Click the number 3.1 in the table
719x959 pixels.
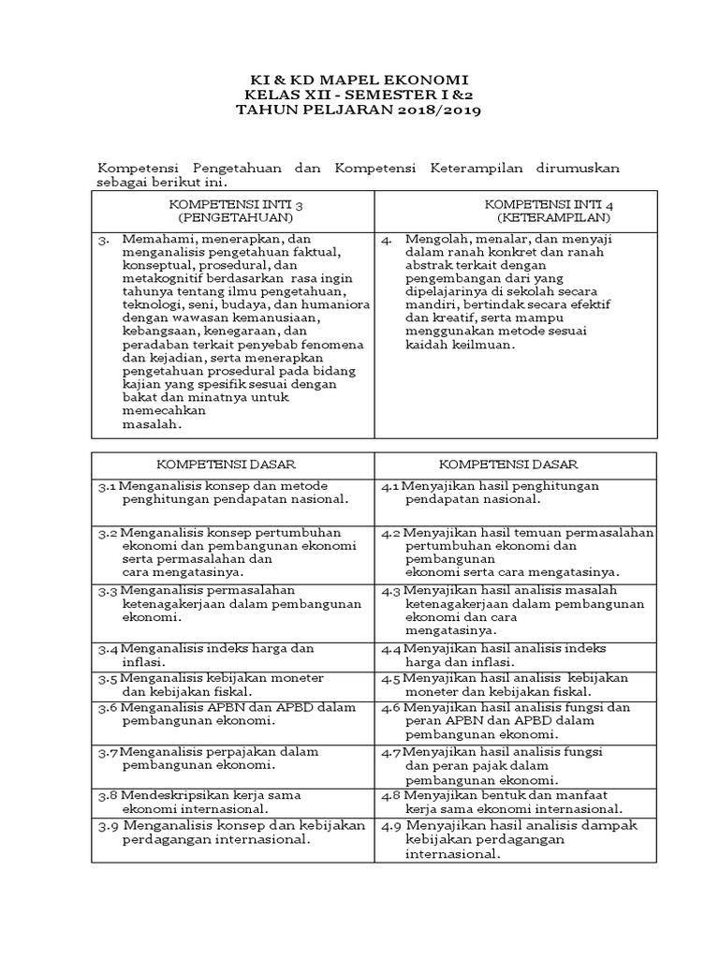[107, 486]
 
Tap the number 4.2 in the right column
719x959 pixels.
[391, 532]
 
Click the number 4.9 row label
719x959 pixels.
[391, 826]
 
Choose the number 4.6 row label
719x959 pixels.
[391, 707]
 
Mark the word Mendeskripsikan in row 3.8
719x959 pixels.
[178, 795]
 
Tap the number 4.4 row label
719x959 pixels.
[391, 648]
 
